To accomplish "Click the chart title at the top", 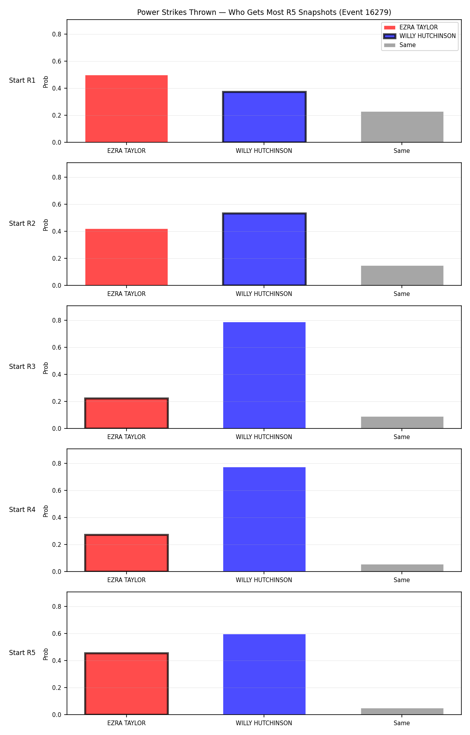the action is point(264,13).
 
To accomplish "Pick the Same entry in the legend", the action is point(400,45).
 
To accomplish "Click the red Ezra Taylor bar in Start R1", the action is point(127,109).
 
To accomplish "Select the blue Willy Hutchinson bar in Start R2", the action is point(264,249).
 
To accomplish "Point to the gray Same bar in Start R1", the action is point(402,127).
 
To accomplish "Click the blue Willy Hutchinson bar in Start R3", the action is point(264,375).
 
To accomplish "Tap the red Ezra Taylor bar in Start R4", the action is point(127,553).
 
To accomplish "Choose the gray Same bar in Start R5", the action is point(402,711).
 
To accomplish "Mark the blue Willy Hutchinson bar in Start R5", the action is point(264,674).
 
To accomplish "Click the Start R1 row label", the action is point(22,81).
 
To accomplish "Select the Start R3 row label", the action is point(22,367).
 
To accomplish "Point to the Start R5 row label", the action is point(22,653).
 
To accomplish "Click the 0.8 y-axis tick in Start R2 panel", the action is point(57,178).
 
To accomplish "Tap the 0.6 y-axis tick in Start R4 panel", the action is point(57,491).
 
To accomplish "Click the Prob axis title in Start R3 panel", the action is point(46,368).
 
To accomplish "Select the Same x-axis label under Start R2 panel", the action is point(402,294).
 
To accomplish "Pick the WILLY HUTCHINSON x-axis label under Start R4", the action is point(264,580).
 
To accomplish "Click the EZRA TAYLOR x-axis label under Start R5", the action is point(127,723).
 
